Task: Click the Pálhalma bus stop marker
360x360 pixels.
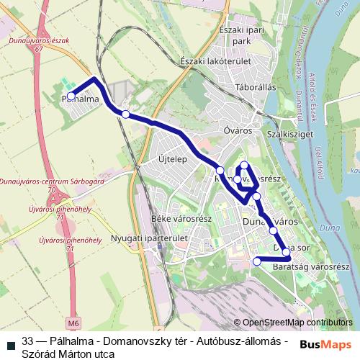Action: point(71,96)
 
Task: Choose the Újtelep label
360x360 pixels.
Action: point(172,158)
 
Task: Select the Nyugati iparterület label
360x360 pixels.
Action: point(150,238)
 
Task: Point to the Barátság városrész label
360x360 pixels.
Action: point(305,267)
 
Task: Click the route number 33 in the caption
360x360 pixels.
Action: point(28,340)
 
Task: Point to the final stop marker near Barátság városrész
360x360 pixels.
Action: point(256,261)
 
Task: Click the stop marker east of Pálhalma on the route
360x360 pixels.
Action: point(126,114)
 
